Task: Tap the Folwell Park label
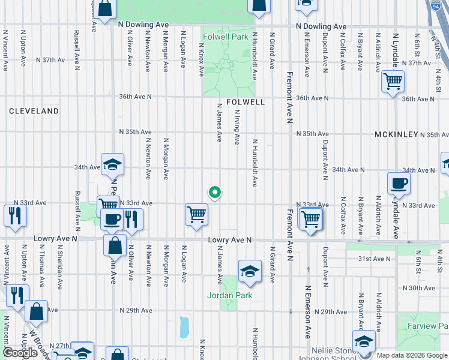point(226,37)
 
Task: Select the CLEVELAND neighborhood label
point(34,111)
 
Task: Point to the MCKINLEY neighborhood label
point(396,134)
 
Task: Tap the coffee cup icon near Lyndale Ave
point(399,185)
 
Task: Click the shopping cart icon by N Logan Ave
point(196,215)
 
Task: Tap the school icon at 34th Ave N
point(112,165)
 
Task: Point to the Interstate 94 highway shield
point(436,7)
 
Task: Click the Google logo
point(20,353)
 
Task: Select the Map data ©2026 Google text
point(411,355)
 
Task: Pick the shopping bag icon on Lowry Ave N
point(115,245)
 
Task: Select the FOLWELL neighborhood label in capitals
point(246,102)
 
